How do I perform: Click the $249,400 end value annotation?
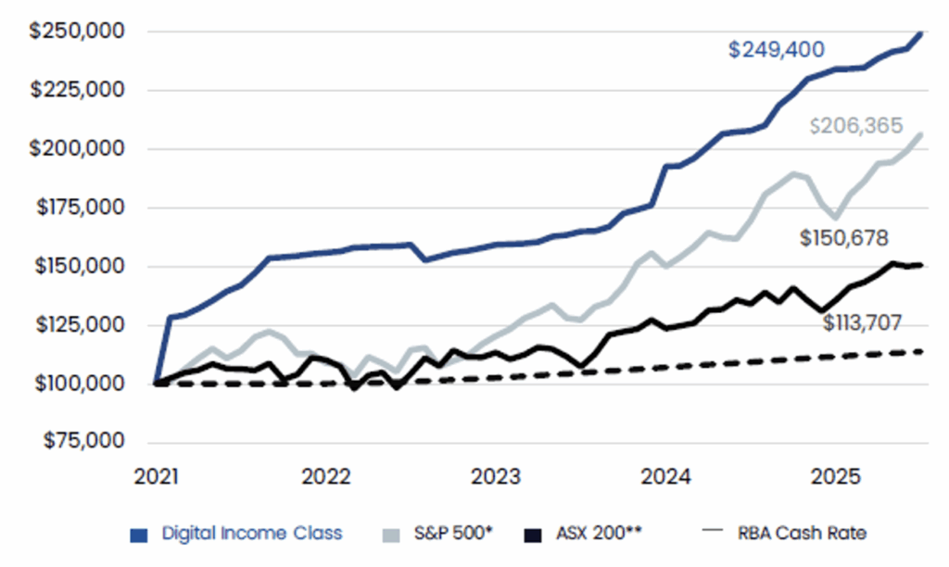[776, 50]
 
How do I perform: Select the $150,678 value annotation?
[844, 238]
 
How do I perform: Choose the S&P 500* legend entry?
[439, 533]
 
